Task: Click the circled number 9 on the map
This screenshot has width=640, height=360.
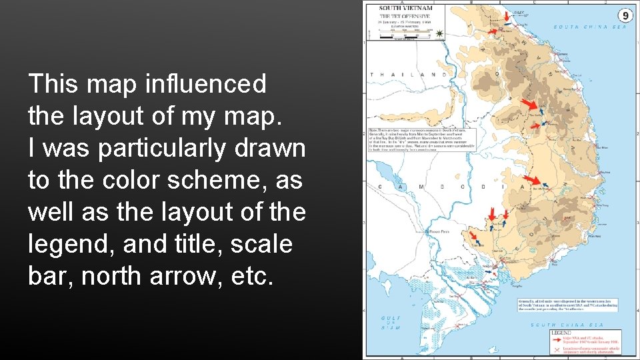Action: [x=625, y=15]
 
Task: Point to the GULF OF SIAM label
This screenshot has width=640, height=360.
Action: [x=391, y=323]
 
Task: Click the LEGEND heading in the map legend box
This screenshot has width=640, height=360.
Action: [x=561, y=332]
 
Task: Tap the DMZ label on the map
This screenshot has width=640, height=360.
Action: [x=519, y=13]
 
